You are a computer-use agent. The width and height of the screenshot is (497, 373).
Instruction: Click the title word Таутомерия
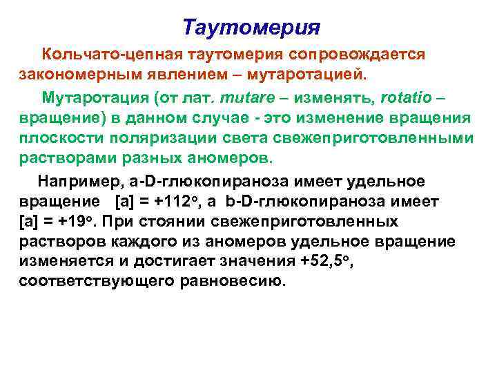tap(252, 28)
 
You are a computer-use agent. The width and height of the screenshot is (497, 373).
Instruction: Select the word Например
tap(80, 181)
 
